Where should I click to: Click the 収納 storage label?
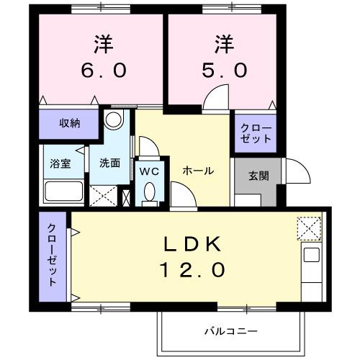tap(69, 123)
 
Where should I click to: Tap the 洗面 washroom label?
tap(109, 163)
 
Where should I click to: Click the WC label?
tap(149, 171)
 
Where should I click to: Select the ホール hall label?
tap(197, 171)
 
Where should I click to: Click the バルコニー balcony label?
tap(230, 331)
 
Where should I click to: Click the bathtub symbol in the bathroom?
tap(63, 193)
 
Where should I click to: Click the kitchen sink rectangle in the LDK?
tap(312, 255)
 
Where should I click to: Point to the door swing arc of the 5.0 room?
tap(214, 99)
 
